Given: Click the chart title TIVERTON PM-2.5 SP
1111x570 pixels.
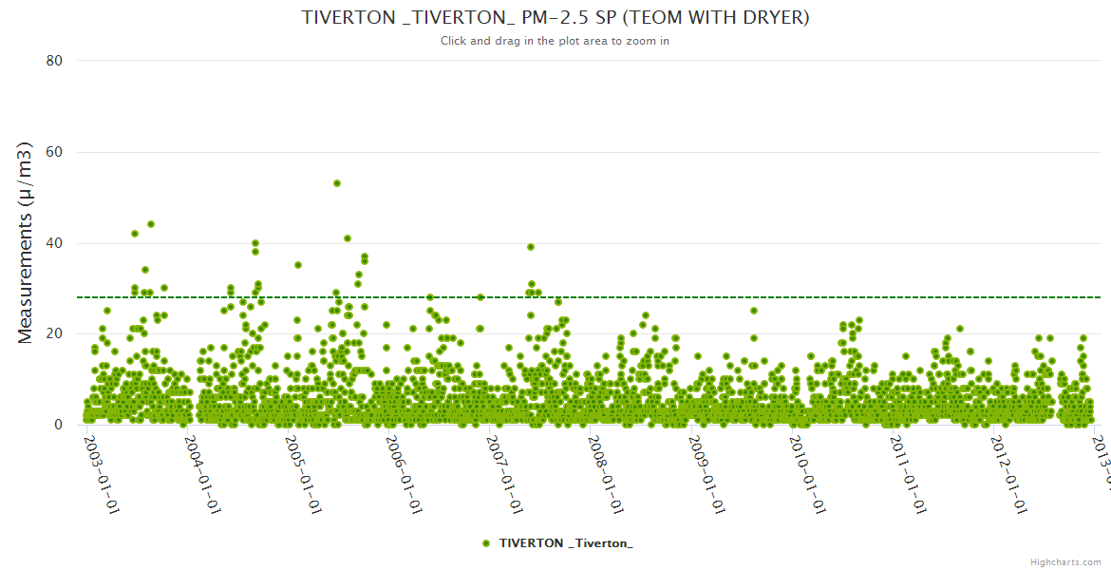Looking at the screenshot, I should pos(555,18).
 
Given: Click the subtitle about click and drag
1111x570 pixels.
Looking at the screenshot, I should pos(555,41).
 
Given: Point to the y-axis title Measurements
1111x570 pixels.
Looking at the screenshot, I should pos(26,242).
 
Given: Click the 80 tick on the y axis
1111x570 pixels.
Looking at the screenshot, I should pos(54,61).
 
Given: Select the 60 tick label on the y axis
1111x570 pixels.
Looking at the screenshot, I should pos(54,152).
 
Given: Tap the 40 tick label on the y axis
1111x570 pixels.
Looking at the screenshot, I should pos(54,243).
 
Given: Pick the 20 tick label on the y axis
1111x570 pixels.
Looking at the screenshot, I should pos(54,334).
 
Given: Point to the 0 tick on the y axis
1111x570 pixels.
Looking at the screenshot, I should pos(58,426).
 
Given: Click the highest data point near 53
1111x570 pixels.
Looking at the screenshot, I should pos(337,183).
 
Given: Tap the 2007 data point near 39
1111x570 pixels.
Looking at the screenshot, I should pos(531,247).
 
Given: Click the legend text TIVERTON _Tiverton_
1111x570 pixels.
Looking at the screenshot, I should pos(566,542).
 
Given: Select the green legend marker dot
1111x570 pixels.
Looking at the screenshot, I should pos(486,542).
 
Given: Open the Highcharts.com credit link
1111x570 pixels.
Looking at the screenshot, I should pos(1065,562).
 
